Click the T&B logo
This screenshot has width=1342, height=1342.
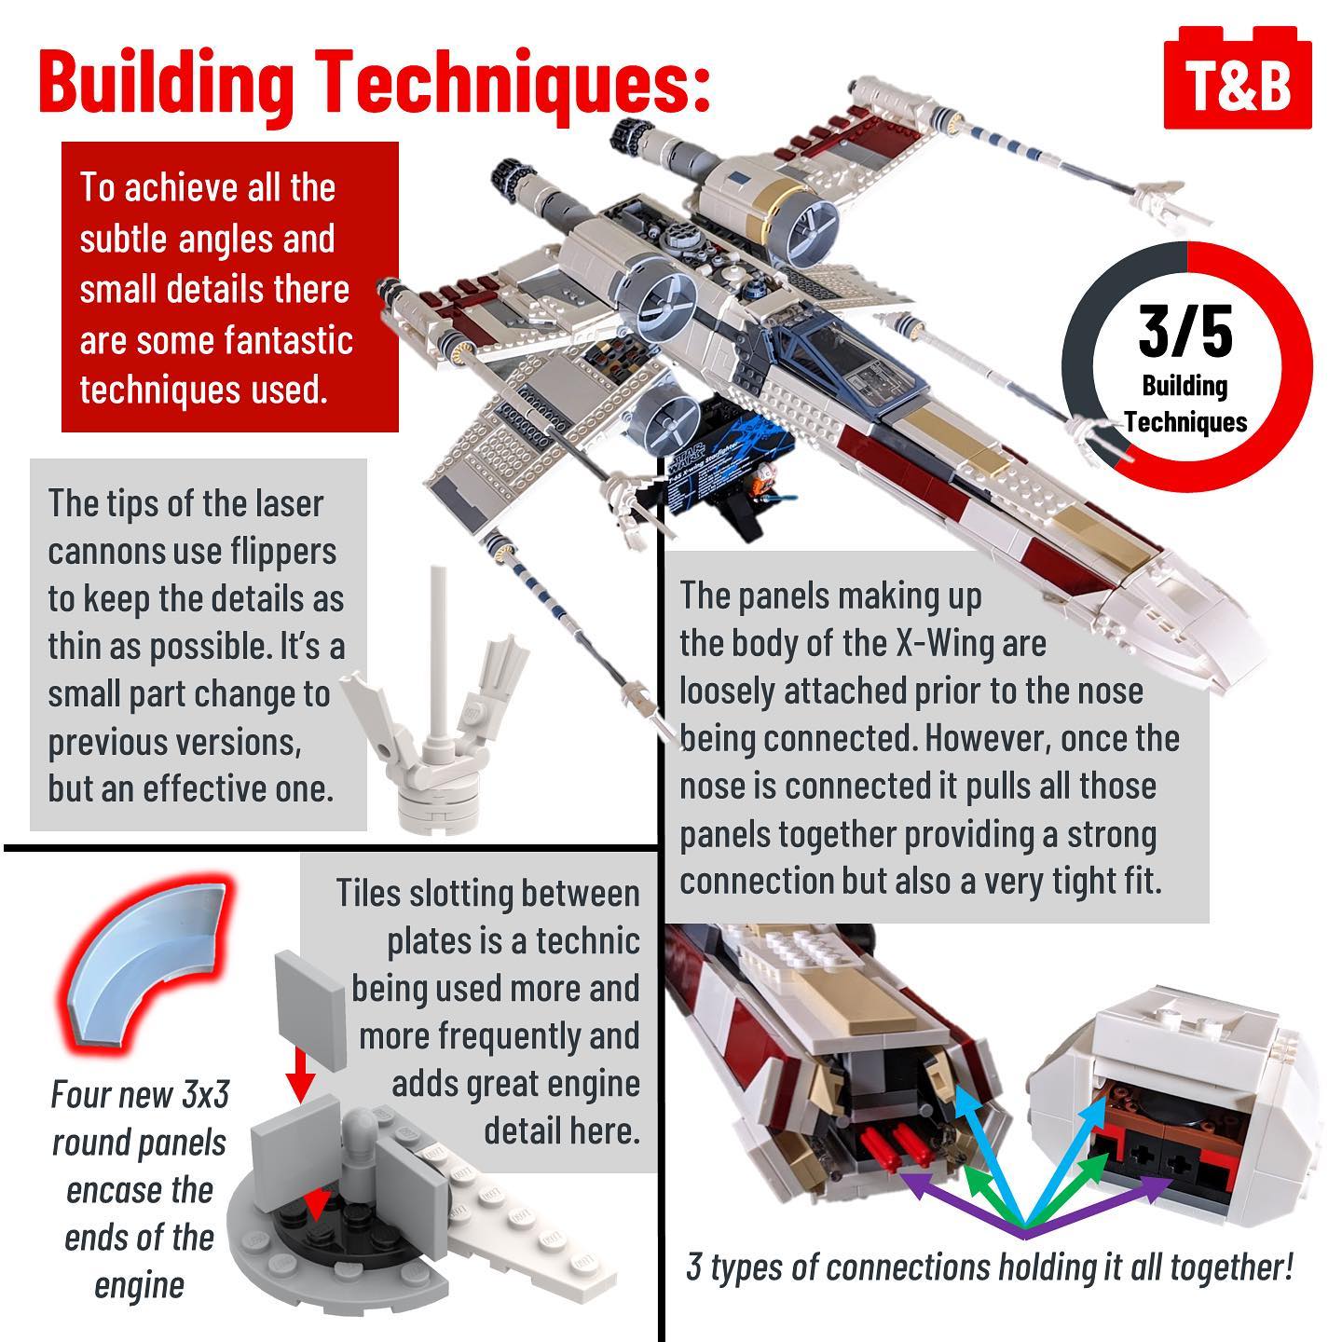pyautogui.click(x=1237, y=78)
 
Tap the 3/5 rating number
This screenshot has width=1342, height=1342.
pyautogui.click(x=1185, y=332)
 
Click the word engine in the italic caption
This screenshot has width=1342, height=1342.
pyautogui.click(x=139, y=1285)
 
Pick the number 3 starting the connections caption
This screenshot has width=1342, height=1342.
pyautogui.click(x=693, y=1267)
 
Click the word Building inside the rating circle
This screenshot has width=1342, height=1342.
pyautogui.click(x=1185, y=387)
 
